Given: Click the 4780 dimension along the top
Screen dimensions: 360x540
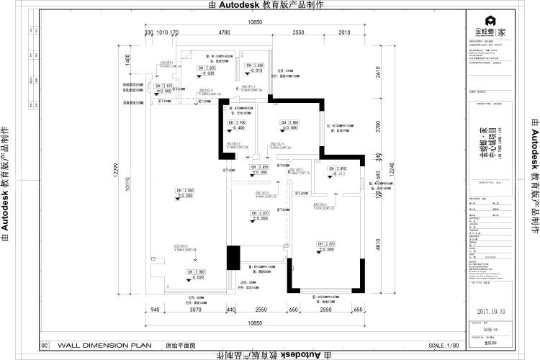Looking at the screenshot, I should click(224, 33).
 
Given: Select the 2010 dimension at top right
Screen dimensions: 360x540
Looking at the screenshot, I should click(344, 33).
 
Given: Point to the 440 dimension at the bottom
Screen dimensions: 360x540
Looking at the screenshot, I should click(232, 310).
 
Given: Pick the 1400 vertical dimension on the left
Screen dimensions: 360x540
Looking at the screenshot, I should click(127, 61).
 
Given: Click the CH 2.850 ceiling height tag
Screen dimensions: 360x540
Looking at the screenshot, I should click(258, 167).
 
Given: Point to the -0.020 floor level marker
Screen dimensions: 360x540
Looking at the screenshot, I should click(196, 277).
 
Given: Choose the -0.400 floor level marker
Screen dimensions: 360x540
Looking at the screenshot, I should click(238, 128).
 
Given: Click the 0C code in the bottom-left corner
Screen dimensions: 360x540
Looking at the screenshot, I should click(45, 346).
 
